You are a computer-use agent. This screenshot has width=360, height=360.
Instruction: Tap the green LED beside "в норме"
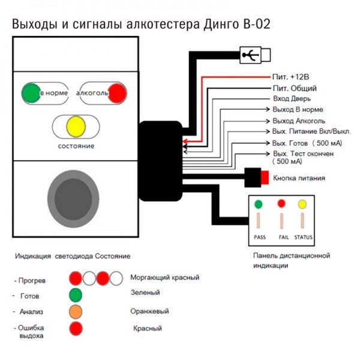point(31,93)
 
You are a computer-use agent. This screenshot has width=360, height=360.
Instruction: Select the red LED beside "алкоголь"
point(118,93)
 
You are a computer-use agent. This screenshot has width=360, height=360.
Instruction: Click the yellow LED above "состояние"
point(76,127)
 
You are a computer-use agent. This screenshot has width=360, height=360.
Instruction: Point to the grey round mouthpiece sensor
point(73,199)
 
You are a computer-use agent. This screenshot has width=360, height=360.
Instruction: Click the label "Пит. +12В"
point(290,77)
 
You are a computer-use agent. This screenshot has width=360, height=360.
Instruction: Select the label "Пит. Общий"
point(295,88)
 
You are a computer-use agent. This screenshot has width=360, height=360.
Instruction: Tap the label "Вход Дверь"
point(292,99)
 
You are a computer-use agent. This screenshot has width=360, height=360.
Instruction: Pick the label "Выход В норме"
point(298,110)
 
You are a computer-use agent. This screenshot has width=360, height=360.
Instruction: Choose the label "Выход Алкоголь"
point(299,121)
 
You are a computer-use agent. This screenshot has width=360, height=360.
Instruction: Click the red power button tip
point(265,178)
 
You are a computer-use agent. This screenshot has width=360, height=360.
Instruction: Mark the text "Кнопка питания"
point(299,178)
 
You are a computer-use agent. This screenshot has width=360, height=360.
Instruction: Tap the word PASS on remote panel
point(260,237)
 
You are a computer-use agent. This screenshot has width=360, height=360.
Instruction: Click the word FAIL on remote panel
point(284,237)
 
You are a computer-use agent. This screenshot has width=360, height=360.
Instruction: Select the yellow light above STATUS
point(302,205)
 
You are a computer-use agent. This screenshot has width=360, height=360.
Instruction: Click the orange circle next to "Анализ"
point(76,312)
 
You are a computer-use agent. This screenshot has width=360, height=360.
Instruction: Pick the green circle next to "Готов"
point(76,295)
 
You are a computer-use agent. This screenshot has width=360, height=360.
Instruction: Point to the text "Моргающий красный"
point(165,278)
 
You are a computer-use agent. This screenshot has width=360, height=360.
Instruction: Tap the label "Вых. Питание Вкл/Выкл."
point(311,131)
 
